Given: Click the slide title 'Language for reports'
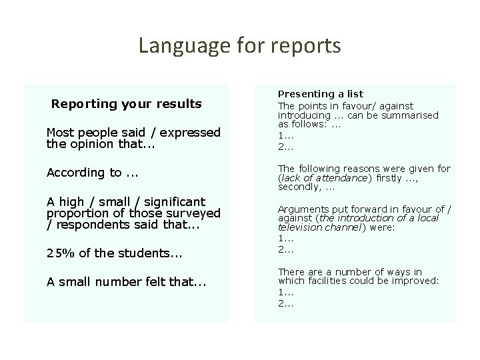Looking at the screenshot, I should (239, 45).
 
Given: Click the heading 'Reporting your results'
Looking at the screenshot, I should (126, 104).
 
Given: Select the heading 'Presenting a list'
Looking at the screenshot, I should (320, 95).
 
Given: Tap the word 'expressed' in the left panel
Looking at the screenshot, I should (193, 133).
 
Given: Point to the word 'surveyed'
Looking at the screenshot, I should (194, 213).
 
